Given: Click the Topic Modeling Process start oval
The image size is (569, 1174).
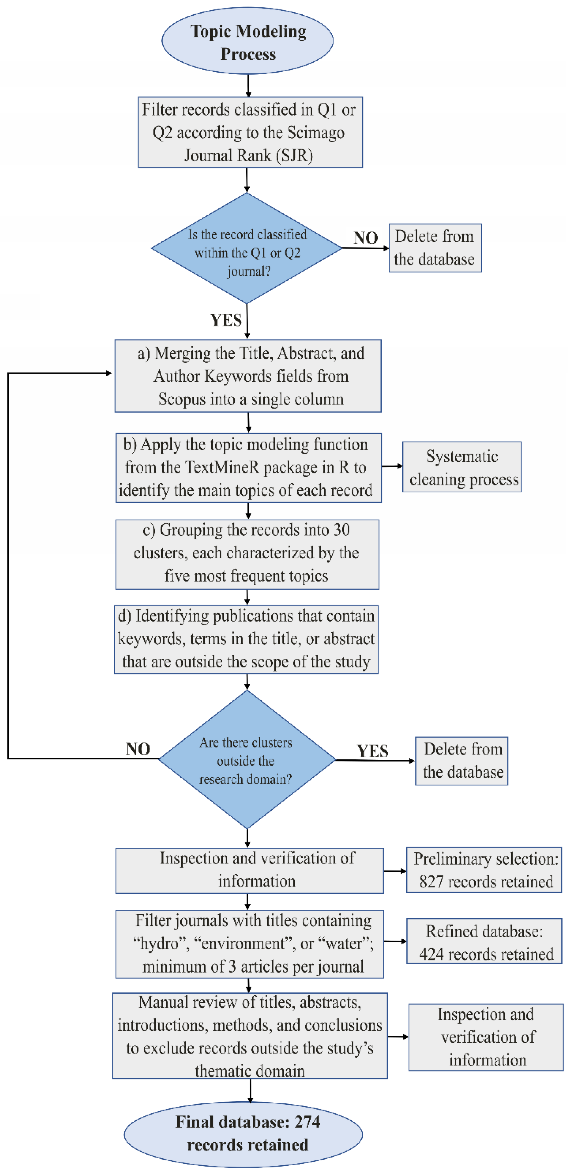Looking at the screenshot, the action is click(247, 41).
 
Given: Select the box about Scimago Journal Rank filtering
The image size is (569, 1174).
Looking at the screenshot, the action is click(250, 132).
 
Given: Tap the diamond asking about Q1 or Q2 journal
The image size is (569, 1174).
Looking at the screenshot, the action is click(247, 248).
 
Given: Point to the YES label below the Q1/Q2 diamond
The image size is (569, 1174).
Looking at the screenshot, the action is click(226, 320).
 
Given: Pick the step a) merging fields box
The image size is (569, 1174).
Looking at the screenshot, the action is click(248, 376).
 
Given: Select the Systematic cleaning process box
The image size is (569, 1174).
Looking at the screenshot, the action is click(462, 467).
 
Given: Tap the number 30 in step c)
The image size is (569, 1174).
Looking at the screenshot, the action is click(341, 530).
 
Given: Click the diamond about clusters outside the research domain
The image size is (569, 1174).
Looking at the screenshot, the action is click(247, 759).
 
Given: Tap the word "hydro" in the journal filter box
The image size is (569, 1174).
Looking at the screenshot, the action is click(161, 943).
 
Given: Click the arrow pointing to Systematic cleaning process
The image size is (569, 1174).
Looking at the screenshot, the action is click(392, 466).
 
